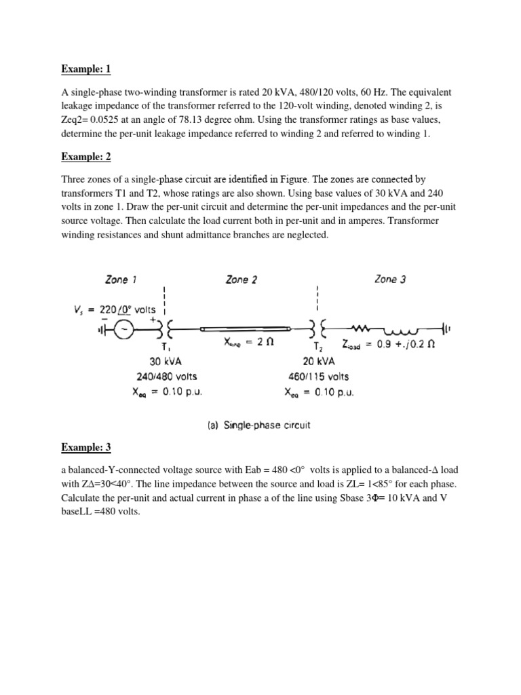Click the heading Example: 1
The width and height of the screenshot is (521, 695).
click(x=86, y=69)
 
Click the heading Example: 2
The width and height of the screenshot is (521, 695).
click(x=86, y=157)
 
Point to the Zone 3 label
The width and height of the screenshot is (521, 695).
click(x=389, y=280)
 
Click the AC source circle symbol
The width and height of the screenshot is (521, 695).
click(x=124, y=330)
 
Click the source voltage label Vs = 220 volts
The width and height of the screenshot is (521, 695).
click(x=115, y=309)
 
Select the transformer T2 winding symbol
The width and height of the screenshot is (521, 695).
click(x=316, y=330)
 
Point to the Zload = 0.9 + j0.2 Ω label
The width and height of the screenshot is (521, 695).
click(x=395, y=344)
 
